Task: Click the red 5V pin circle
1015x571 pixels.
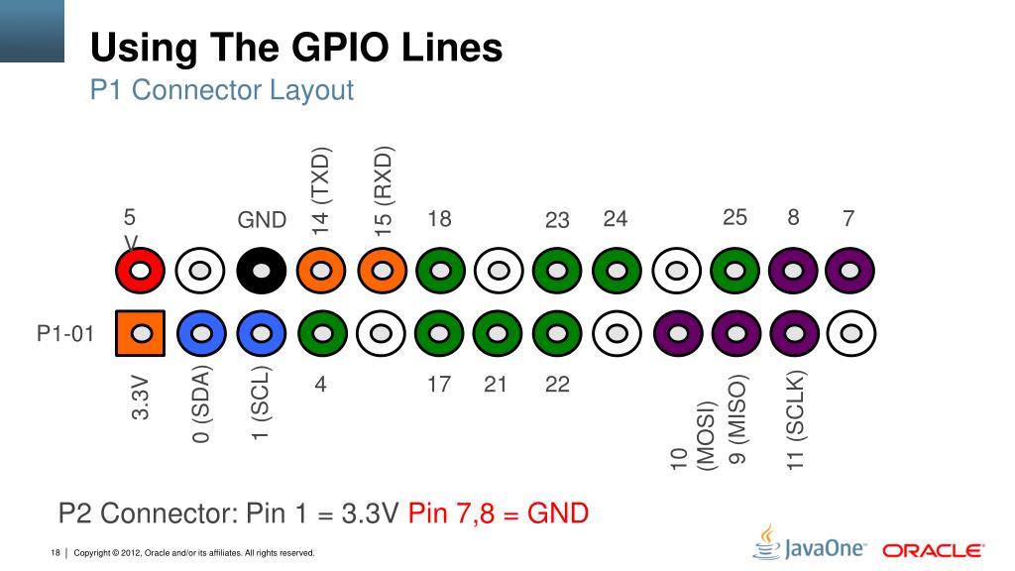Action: coord(140,270)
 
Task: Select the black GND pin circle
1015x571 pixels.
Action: coord(262,270)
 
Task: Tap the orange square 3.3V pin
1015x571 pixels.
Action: coord(140,334)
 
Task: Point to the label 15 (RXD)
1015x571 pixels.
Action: coord(384,191)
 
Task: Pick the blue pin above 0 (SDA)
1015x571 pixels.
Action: coord(201,334)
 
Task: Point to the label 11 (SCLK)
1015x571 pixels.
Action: coord(797,418)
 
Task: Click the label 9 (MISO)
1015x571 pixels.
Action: coord(736,418)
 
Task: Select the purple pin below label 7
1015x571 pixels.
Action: coord(849,270)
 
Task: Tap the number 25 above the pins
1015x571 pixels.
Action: coord(734,218)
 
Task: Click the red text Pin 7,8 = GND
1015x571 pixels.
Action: coord(499,514)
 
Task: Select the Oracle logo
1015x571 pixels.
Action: coord(933,550)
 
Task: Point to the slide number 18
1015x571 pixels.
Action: coord(56,552)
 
